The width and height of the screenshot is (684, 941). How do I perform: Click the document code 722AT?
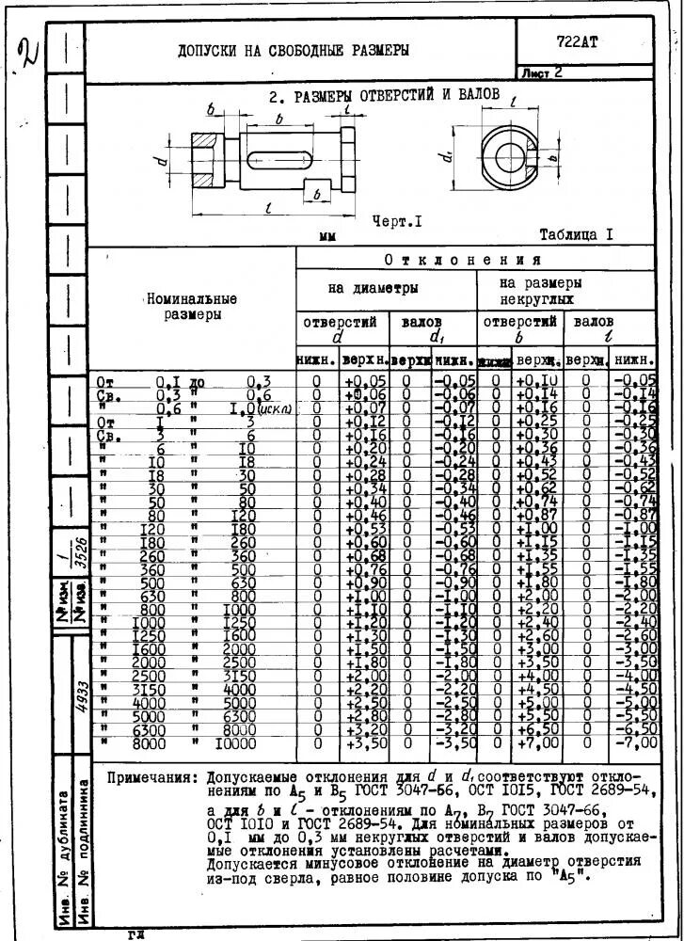tap(577, 41)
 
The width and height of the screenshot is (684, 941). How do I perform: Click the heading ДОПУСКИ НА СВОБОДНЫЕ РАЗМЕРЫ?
tap(294, 50)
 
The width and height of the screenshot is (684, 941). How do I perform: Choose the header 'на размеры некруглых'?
tap(540, 289)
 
